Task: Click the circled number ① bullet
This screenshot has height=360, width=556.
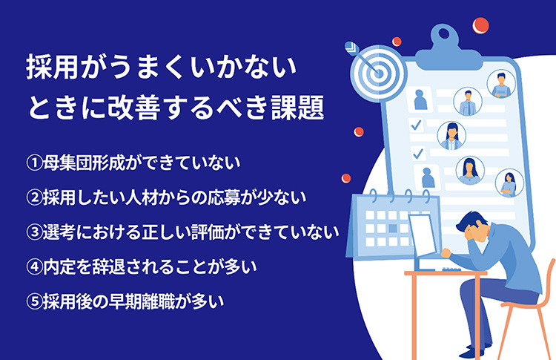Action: coord(34,163)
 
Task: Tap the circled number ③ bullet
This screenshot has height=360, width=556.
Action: coord(34,232)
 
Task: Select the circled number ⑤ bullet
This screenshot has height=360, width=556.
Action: coord(34,302)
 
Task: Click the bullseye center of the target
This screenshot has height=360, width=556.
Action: coord(378,73)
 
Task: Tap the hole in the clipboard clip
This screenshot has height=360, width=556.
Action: coord(444,34)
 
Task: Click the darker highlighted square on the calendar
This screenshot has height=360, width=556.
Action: coord(392,229)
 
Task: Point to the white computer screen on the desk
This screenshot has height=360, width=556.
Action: coord(422,235)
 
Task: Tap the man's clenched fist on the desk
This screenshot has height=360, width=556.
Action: coord(446,253)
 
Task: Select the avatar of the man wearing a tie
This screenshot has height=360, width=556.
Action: coord(468,102)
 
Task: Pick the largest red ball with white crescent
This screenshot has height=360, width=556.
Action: coord(480,25)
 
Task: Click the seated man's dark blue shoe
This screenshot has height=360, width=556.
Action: coord(471,353)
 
